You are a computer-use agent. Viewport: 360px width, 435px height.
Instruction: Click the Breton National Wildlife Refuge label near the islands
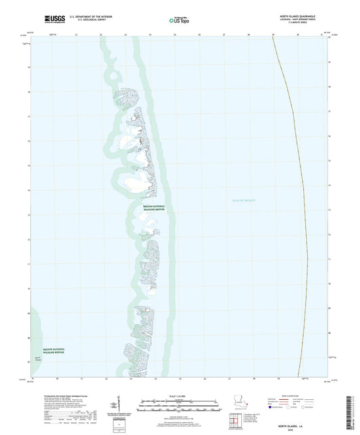tap(157, 209)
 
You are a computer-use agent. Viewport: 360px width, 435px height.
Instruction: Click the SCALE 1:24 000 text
tap(178, 395)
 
